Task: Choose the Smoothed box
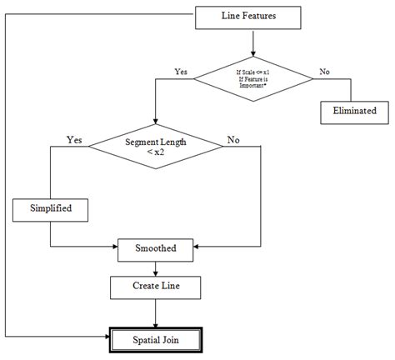click(156, 247)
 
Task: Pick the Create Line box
click(156, 287)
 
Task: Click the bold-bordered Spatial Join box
click(156, 339)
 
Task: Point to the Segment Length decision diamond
click(156, 147)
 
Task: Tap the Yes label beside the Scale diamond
click(181, 72)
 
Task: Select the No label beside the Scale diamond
click(323, 72)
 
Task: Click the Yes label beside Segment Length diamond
click(74, 140)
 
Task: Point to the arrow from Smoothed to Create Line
click(156, 267)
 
